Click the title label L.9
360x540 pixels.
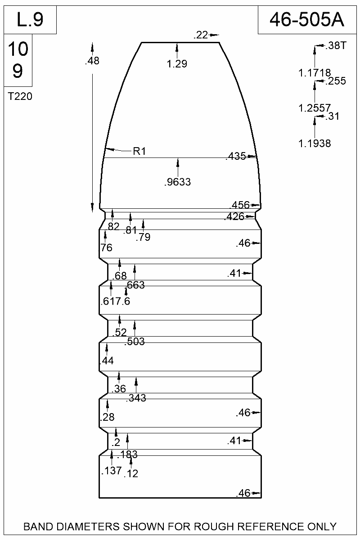click(30, 20)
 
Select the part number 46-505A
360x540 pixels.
click(306, 20)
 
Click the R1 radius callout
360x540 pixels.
click(139, 152)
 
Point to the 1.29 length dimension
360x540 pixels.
click(177, 64)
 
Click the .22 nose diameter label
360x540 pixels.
click(200, 35)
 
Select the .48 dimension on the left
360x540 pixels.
click(92, 62)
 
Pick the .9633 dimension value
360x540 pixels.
click(178, 182)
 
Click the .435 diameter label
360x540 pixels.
click(235, 157)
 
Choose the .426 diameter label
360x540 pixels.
click(234, 217)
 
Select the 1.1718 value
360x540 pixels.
click(315, 72)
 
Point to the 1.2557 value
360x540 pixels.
click(315, 108)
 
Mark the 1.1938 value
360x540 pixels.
click(315, 144)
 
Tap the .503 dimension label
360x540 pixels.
click(135, 342)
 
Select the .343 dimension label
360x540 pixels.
click(137, 398)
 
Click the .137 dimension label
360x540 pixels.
click(111, 471)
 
